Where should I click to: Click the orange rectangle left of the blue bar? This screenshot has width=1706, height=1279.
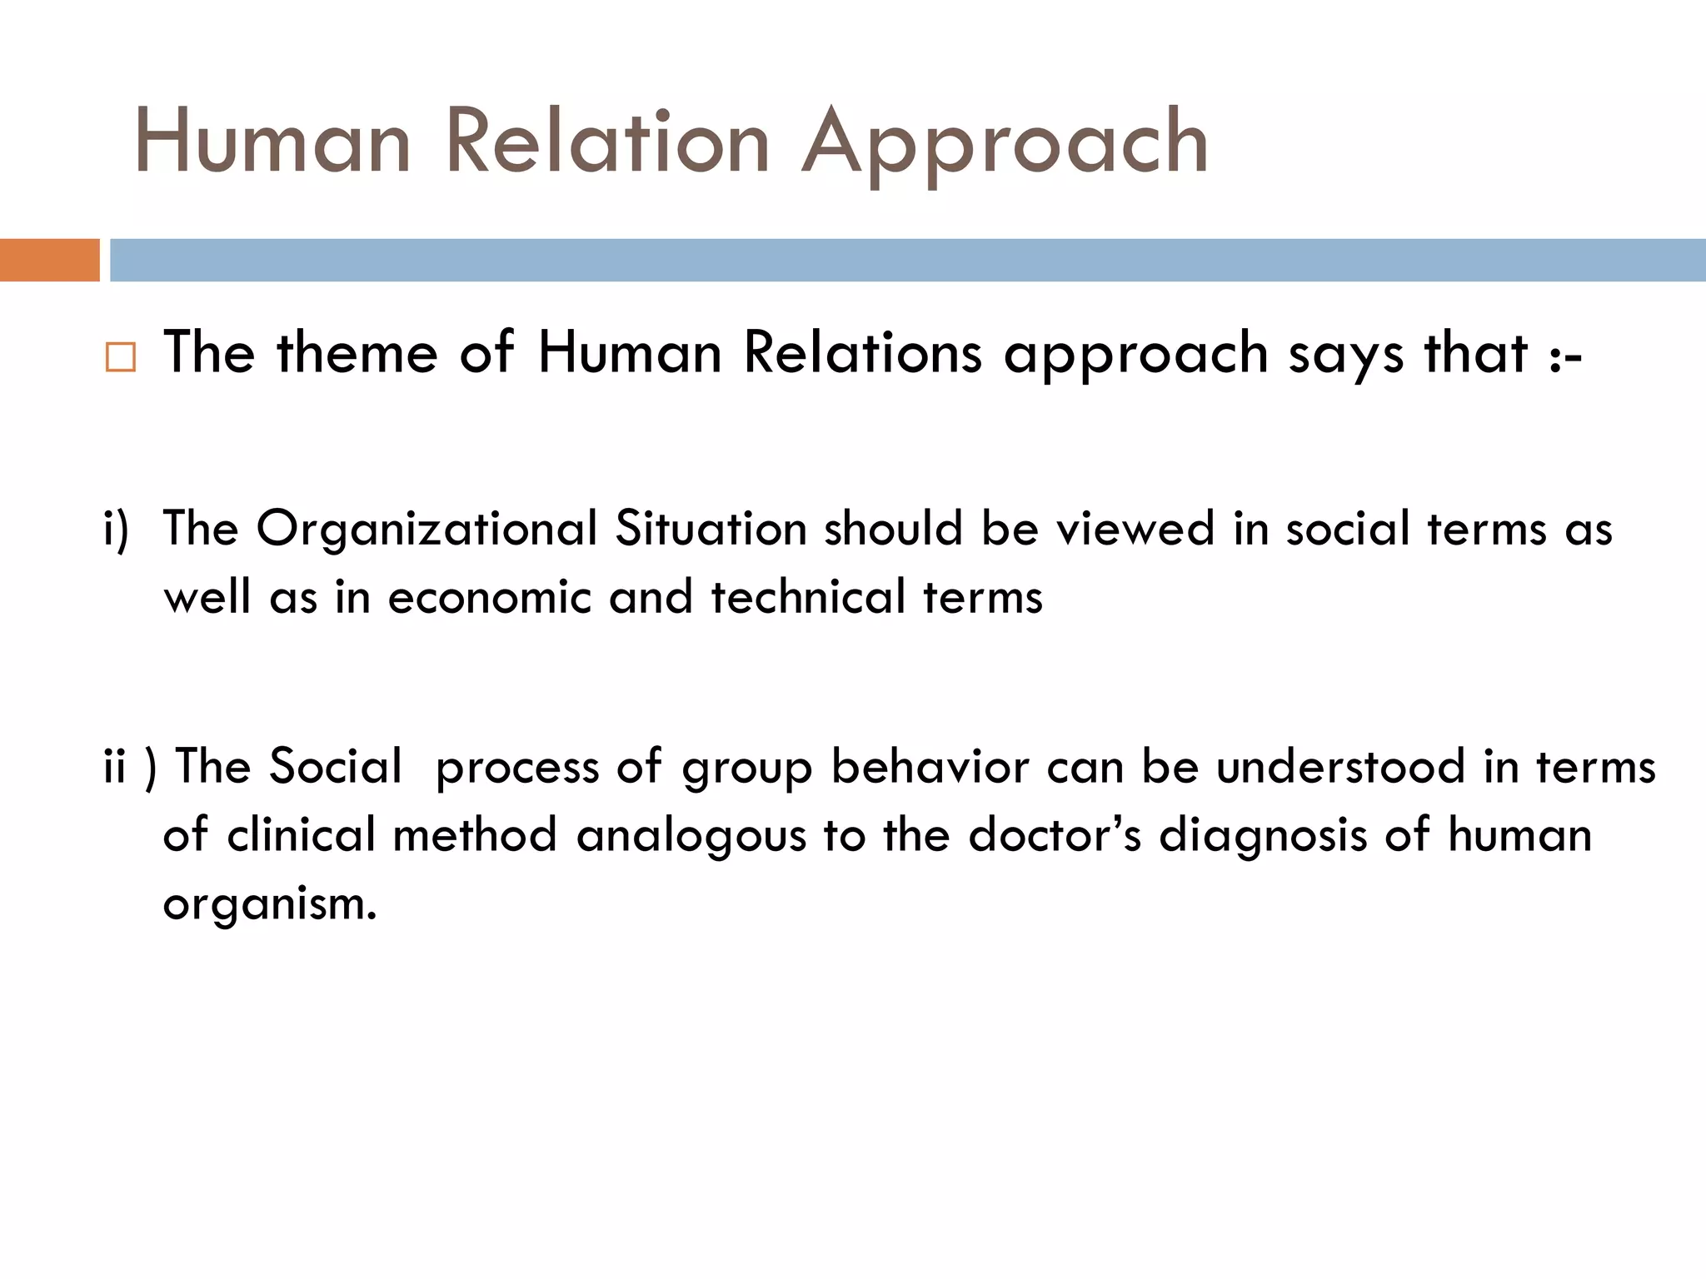coord(49,260)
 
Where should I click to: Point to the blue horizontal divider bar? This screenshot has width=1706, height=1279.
coord(907,260)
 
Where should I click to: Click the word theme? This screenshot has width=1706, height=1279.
coord(357,352)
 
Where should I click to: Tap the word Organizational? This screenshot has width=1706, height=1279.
coord(426,530)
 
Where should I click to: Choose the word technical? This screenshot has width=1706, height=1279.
coord(807,597)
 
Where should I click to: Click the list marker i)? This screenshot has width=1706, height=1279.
coord(117,530)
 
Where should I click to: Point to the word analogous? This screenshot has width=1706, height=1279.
coord(691,836)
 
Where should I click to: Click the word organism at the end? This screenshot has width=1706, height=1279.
coord(268,904)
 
